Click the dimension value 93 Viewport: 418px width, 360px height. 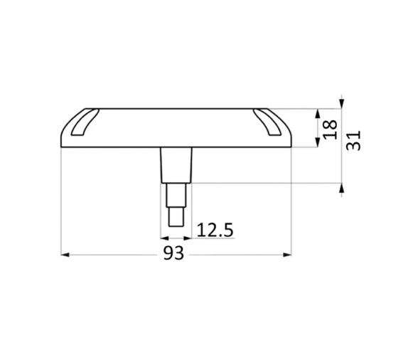173,253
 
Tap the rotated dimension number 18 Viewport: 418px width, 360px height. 330,129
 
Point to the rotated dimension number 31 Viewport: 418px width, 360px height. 353,139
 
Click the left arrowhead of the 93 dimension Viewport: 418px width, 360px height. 65,254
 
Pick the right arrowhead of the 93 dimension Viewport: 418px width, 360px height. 288,254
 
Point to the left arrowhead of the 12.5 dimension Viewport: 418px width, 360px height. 165,238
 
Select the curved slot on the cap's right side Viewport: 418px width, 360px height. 268,122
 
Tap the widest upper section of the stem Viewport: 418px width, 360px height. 176,164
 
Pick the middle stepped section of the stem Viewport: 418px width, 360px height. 176,195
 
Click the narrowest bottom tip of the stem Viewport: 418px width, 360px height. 176,216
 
